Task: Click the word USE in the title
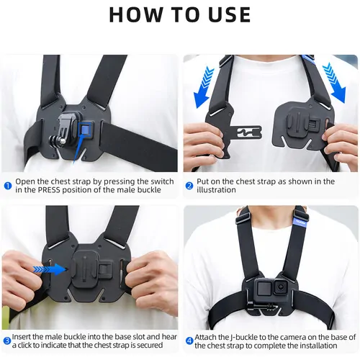coord(230,14)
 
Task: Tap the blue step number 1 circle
coord(8,186)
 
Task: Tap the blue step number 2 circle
coord(189,186)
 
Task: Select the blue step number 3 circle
coord(7,341)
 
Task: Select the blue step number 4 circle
coord(189,341)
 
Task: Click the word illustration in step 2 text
coord(216,190)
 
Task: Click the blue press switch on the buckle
coord(85,130)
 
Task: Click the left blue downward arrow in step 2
coord(204,87)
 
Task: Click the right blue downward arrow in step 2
coord(334,83)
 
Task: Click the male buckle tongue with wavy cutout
coord(247,132)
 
